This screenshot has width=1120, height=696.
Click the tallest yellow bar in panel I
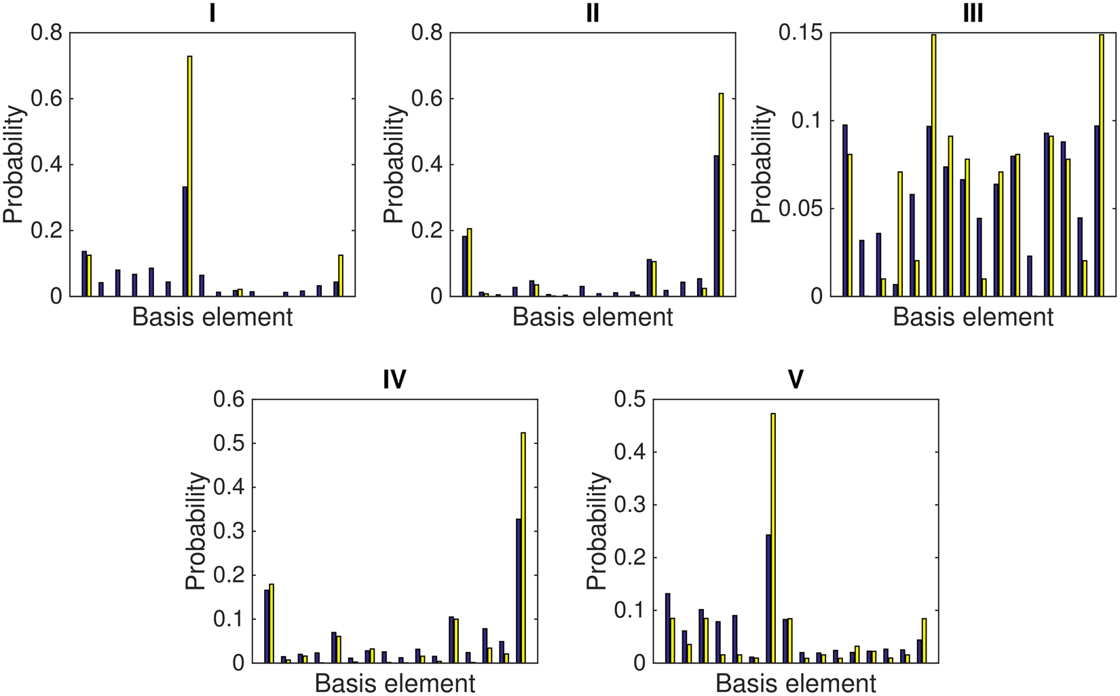point(190,177)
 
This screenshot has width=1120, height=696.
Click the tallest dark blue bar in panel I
point(185,242)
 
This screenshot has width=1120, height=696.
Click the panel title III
point(973,13)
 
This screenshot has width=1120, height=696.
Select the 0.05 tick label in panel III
point(800,208)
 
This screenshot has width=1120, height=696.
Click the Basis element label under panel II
point(593,317)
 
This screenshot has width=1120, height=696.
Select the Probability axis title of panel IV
point(195,531)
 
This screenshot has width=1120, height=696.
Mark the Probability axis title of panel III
point(763,164)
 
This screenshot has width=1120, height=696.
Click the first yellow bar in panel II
point(469,263)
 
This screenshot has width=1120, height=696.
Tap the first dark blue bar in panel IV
point(267,626)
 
